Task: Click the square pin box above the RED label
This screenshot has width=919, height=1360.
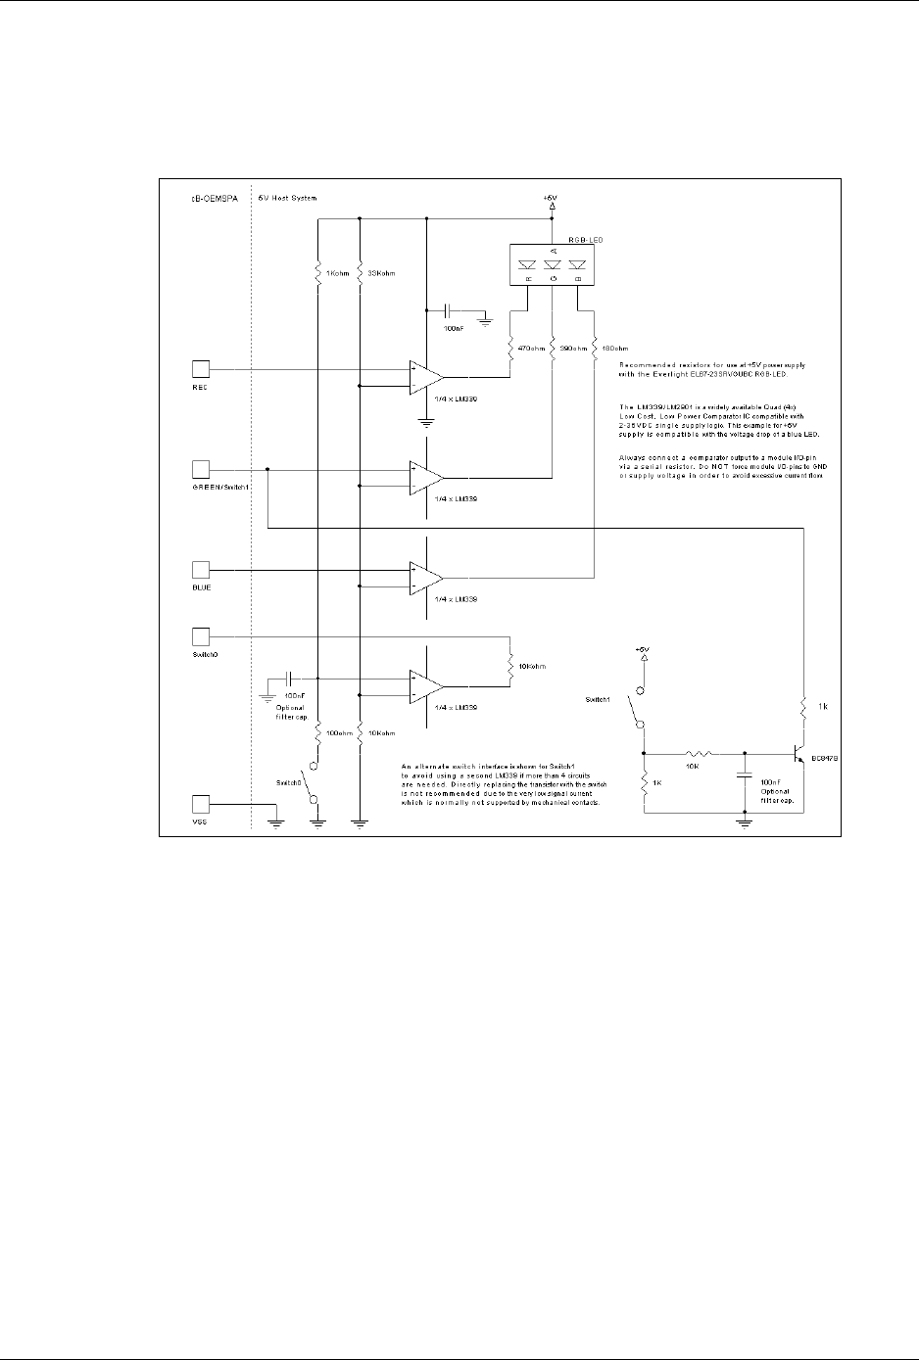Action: pos(201,369)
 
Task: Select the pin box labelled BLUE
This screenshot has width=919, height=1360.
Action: pos(201,569)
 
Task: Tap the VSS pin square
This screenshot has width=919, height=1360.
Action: pos(201,804)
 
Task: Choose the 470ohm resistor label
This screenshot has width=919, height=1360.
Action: pos(530,348)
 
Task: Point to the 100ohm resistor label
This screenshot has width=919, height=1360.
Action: pos(339,732)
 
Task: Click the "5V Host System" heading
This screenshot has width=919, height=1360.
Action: pos(288,198)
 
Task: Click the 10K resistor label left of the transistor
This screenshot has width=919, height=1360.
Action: pos(693,767)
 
